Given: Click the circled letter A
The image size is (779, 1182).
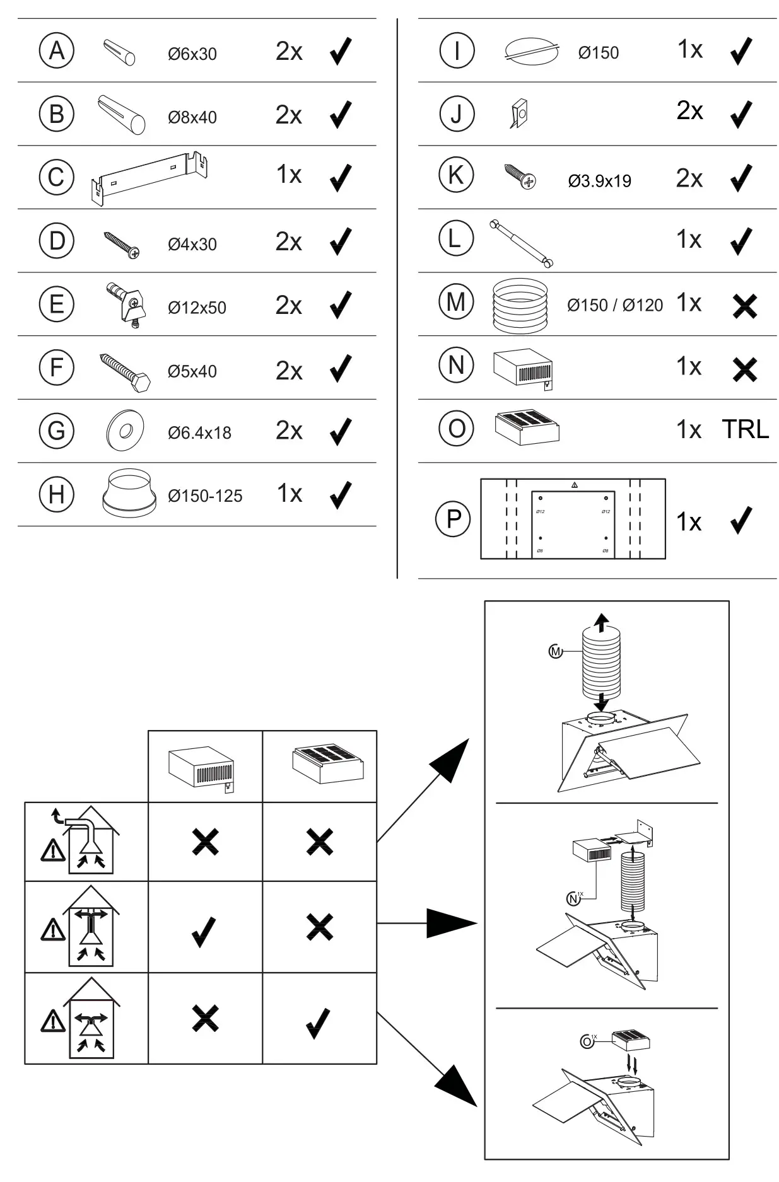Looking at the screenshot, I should (57, 50).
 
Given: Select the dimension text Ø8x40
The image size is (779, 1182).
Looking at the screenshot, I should (192, 117).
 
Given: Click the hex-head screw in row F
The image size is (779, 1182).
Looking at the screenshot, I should (126, 373).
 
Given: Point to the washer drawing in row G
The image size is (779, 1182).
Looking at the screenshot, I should (125, 431).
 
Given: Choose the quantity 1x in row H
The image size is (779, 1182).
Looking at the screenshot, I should (289, 494).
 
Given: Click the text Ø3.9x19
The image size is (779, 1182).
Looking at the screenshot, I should (599, 182).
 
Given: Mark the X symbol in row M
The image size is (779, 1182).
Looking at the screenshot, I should (745, 306).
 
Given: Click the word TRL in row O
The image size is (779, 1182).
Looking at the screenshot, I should (745, 430).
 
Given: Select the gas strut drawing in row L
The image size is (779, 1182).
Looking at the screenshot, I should (522, 242).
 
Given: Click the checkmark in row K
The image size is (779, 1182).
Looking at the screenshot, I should (741, 178).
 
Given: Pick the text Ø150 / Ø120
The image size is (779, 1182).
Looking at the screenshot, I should (614, 306).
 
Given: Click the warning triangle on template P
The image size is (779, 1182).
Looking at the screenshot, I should (574, 485).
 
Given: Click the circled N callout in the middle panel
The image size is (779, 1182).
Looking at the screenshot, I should (573, 899).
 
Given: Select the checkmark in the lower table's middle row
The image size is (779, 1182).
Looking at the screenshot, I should (204, 931).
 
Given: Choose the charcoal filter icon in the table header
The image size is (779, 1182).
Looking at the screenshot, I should (328, 765).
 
